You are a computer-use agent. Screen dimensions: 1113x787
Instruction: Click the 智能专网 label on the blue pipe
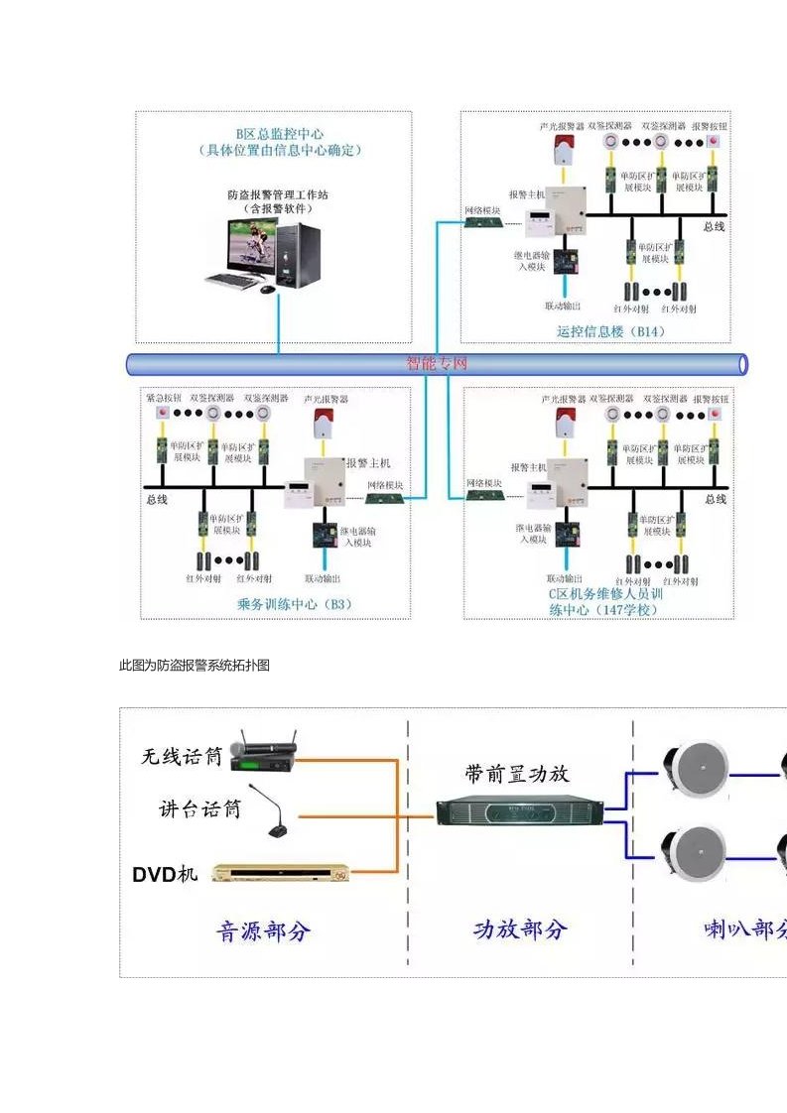[437, 364]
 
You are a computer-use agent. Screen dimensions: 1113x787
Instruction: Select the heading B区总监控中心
[280, 134]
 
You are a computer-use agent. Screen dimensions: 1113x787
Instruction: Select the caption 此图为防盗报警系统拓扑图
[195, 666]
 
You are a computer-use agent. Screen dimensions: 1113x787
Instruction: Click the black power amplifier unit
[519, 812]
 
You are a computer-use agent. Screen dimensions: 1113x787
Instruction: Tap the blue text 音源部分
[264, 930]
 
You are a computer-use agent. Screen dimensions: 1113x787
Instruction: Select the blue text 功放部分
[519, 929]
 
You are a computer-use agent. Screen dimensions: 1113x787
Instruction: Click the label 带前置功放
[517, 774]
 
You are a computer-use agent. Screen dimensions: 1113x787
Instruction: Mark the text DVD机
[166, 874]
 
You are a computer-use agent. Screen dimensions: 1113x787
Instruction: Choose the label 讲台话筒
[199, 808]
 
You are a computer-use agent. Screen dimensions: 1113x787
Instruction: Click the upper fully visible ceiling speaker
[696, 767]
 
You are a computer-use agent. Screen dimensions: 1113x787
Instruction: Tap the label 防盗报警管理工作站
[278, 194]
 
